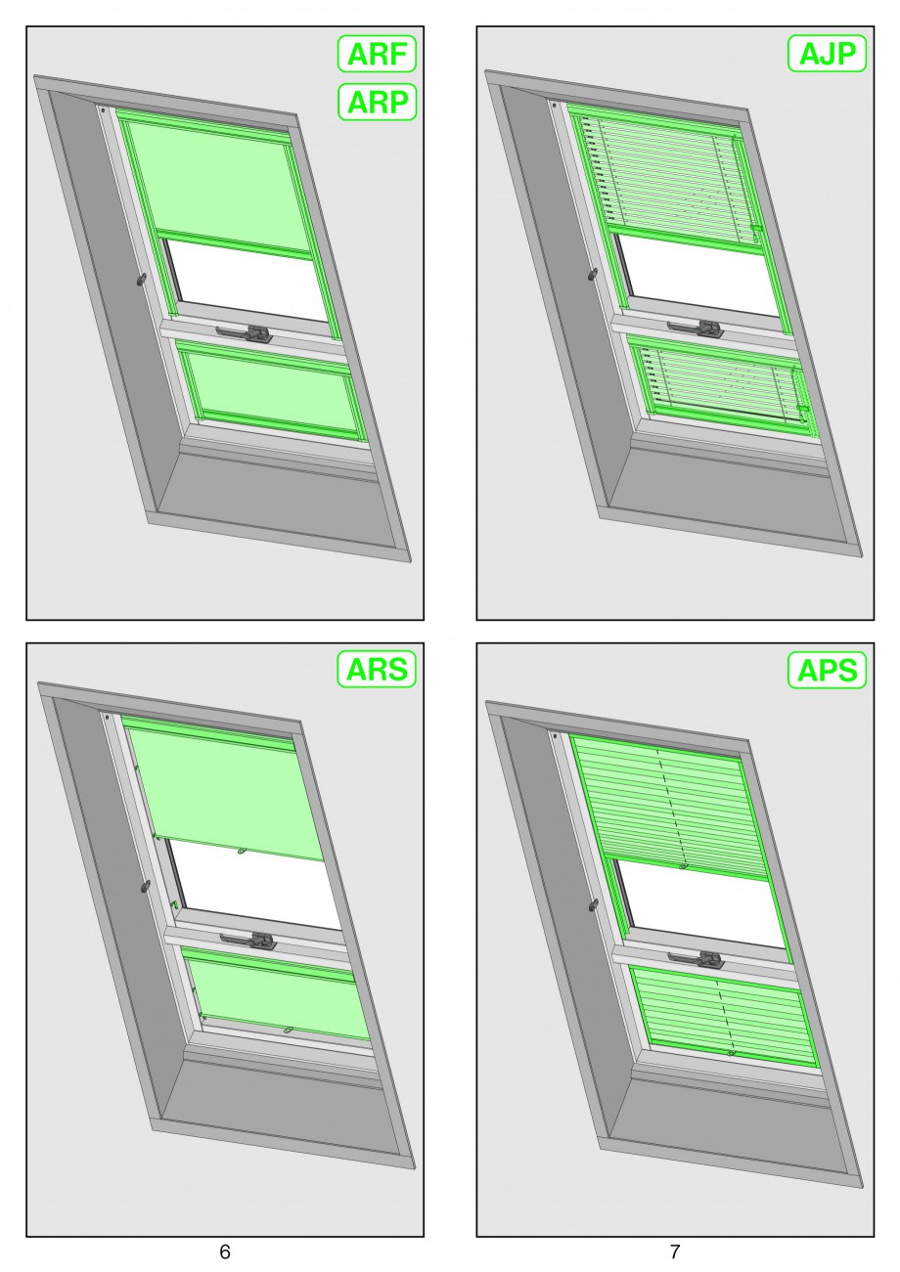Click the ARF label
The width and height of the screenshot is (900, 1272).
tap(377, 54)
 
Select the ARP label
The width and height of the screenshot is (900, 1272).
tap(377, 103)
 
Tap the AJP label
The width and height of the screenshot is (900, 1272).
tap(827, 54)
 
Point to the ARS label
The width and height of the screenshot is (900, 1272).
tap(377, 670)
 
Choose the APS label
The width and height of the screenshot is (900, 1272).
tap(827, 671)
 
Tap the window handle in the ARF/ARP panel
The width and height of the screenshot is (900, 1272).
tap(245, 332)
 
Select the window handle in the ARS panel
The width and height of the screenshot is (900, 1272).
tap(248, 940)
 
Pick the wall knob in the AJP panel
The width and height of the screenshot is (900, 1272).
tap(592, 275)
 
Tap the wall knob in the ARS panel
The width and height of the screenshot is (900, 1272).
tap(146, 885)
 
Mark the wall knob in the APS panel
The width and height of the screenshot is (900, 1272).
tap(593, 903)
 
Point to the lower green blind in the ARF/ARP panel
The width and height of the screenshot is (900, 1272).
tap(273, 390)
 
